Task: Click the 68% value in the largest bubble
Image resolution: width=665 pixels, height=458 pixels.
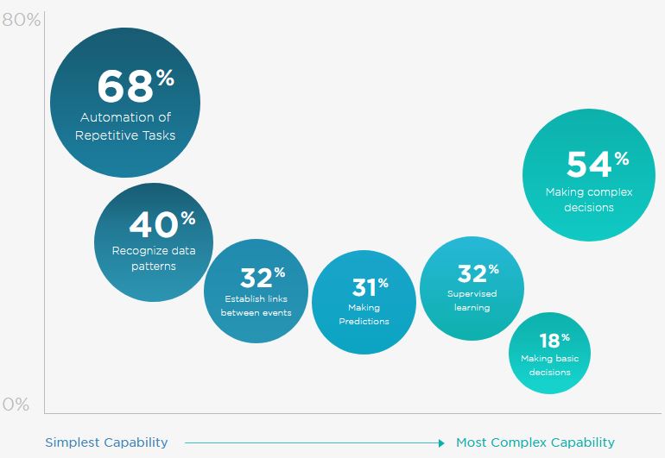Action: pos(135,86)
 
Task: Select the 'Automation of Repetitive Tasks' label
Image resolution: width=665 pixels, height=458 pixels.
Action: pos(125,126)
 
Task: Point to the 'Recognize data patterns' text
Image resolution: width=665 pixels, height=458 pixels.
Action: pos(154,259)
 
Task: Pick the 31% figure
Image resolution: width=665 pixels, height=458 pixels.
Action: pos(370,285)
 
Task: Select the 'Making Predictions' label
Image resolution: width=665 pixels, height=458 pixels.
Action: pos(364,314)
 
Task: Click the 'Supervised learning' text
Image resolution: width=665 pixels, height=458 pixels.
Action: pos(472,300)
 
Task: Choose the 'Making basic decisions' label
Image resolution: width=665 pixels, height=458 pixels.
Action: pos(549,365)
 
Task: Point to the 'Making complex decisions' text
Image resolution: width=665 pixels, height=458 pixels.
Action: pos(588,199)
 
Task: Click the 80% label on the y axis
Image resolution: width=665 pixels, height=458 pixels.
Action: pos(21,20)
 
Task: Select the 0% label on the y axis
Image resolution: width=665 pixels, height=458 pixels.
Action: pos(16,405)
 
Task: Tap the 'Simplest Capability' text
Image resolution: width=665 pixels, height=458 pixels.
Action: pos(106,442)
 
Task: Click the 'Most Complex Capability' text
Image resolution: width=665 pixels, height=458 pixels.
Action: pos(535,442)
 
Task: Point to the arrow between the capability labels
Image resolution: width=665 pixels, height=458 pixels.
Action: pos(316,443)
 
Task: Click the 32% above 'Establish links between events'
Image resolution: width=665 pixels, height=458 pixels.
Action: pos(263,278)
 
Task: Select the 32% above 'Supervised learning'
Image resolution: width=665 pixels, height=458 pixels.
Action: pos(478,273)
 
